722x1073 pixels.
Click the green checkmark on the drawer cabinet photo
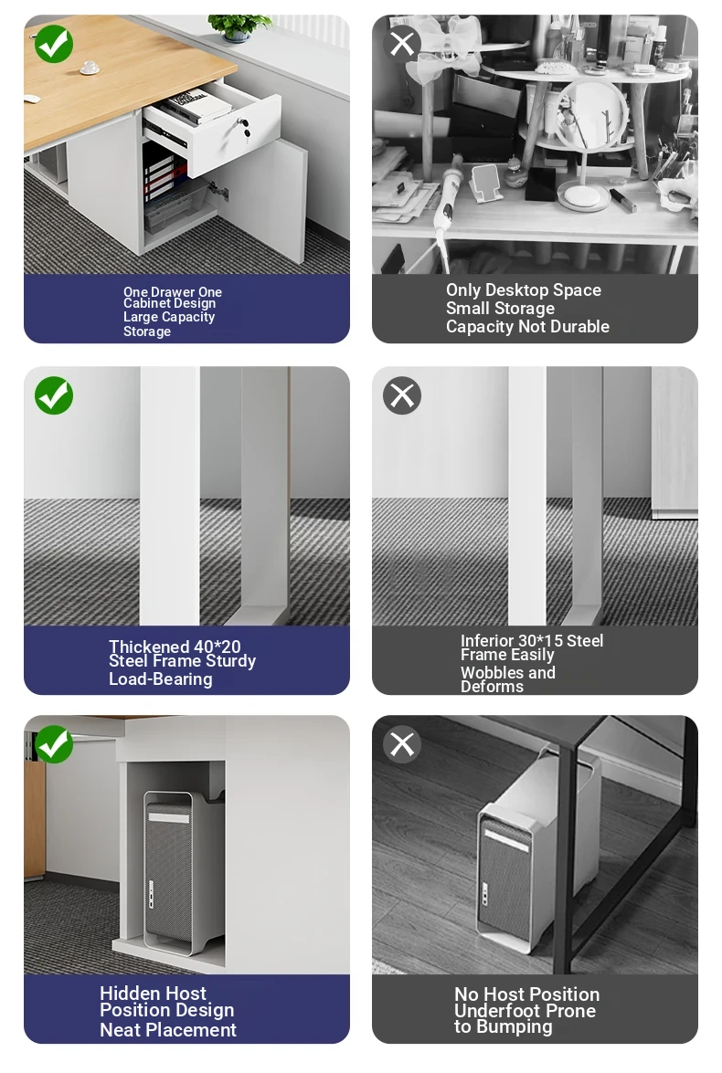[x=53, y=44]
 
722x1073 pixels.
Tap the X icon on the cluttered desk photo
[x=402, y=43]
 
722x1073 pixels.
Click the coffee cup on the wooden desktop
[x=89, y=68]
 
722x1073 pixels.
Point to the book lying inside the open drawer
[x=196, y=106]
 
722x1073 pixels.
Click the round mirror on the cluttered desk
[x=589, y=116]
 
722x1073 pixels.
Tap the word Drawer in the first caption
[x=173, y=292]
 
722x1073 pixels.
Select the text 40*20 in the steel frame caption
[x=218, y=647]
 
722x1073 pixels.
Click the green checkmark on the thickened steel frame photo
[x=53, y=394]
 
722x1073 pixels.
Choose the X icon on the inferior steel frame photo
[x=402, y=394]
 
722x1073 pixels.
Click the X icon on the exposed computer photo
[x=402, y=744]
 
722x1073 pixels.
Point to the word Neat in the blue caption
[x=121, y=1029]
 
